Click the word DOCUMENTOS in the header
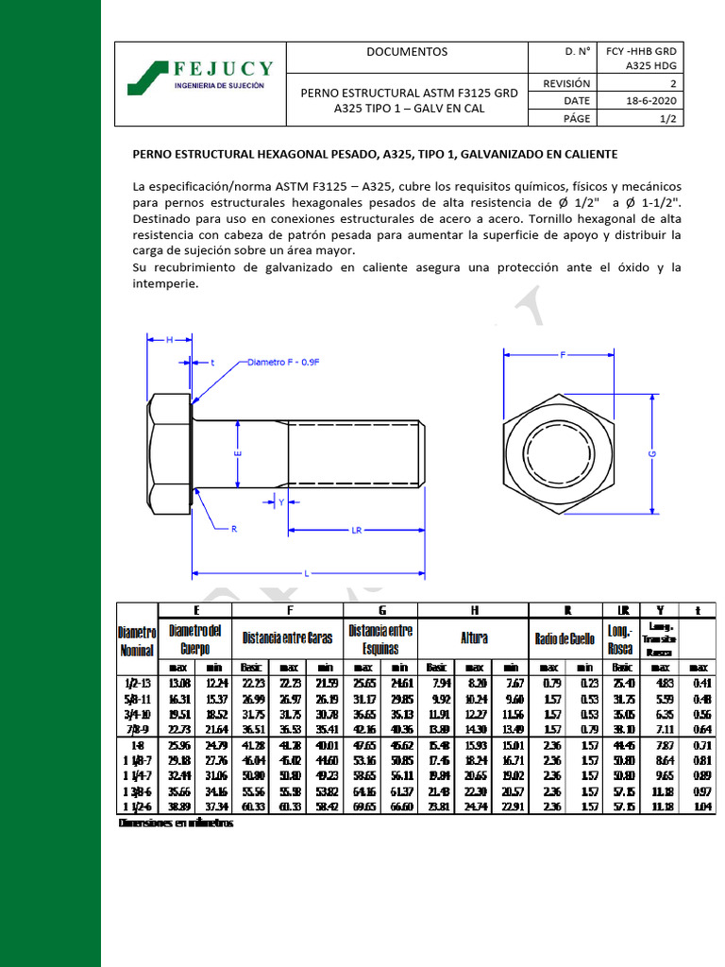pos(407,52)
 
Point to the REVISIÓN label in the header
pos(566,84)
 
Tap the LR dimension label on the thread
pos(357,531)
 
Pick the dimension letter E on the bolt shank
pos(238,454)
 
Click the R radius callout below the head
pos(233,529)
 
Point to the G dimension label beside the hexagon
pos(651,454)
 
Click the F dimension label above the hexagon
pos(564,356)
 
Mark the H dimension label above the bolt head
pos(169,339)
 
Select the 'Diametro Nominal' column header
pos(137,640)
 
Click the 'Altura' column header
pos(473,638)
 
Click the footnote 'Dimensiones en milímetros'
pos(176,823)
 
